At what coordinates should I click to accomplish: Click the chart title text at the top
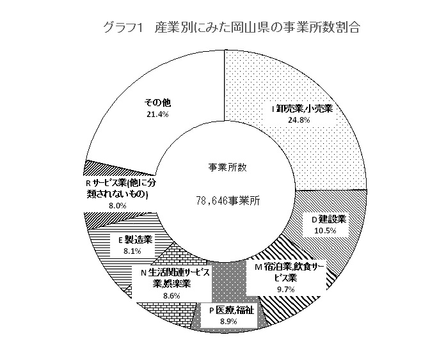(x=232, y=28)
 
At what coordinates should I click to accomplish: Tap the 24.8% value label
(x=299, y=120)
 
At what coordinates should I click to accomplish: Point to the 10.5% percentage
(x=325, y=230)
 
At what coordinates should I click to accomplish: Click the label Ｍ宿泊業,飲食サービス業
(x=286, y=272)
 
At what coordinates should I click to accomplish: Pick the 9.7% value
(x=285, y=290)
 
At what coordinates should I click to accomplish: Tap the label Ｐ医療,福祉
(x=232, y=310)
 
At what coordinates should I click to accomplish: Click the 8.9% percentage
(x=228, y=322)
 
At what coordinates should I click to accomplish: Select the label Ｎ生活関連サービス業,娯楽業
(x=175, y=278)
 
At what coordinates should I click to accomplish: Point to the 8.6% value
(x=171, y=296)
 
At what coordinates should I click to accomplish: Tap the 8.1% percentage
(x=132, y=251)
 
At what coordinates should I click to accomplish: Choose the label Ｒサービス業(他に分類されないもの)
(x=121, y=188)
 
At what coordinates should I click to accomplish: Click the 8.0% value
(x=118, y=206)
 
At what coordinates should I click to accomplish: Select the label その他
(x=158, y=102)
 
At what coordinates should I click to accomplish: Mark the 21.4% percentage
(x=158, y=114)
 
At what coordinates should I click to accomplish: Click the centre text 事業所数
(x=227, y=168)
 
